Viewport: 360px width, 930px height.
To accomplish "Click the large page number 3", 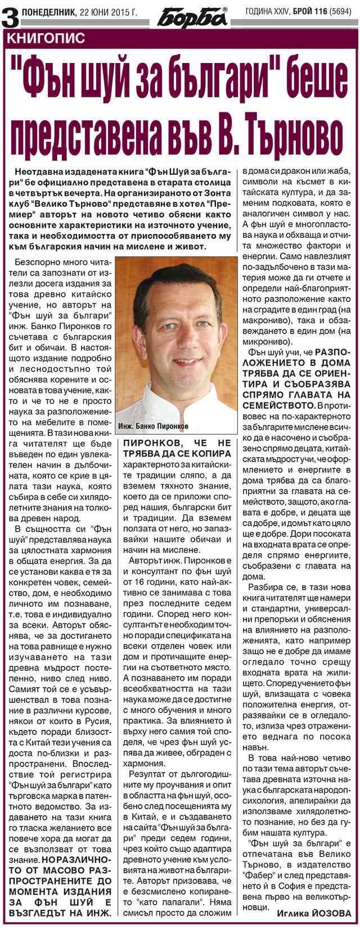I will tap(10, 17).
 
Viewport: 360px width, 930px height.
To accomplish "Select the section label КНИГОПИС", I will tap(46, 38).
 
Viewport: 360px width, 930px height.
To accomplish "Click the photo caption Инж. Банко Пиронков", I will tap(154, 426).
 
